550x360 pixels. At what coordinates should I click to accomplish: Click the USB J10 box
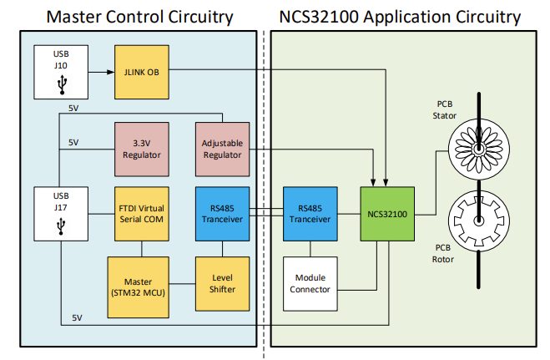tap(60, 72)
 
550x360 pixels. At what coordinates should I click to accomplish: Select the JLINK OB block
tap(139, 72)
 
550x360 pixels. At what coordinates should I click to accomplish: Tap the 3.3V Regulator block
tap(139, 148)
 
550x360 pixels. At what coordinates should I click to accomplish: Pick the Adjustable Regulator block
tap(221, 148)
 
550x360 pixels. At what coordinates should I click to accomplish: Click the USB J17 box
tap(60, 215)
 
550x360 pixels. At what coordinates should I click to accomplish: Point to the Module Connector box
tap(310, 284)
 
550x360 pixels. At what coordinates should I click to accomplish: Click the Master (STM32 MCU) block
tap(139, 284)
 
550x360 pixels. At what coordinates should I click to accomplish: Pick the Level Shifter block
tap(221, 284)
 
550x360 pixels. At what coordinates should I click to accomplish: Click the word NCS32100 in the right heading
tap(326, 16)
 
